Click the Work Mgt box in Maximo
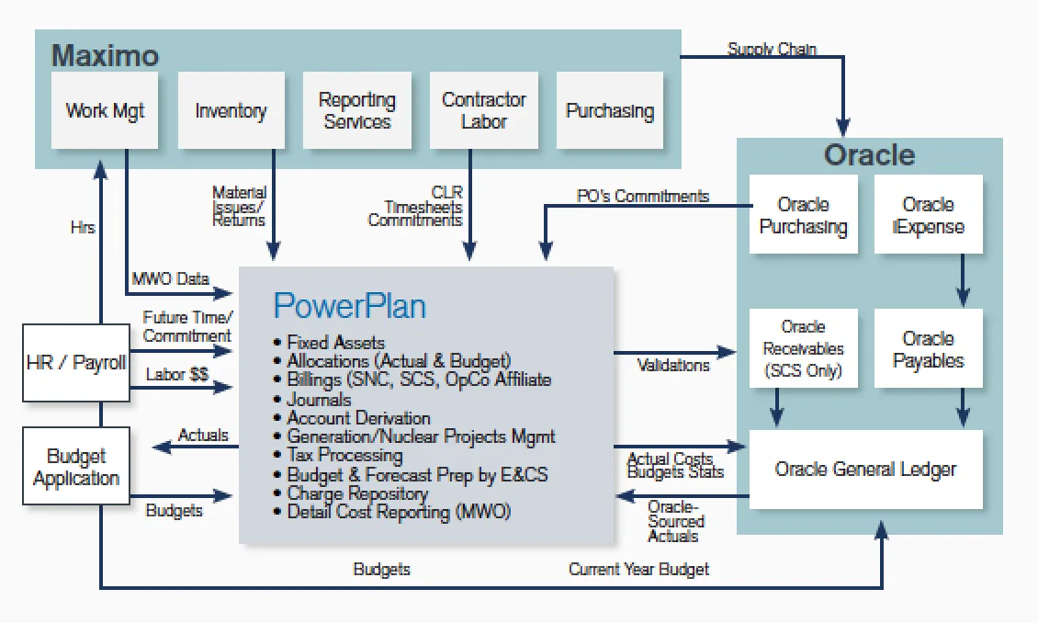point(106,110)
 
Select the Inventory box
point(231,110)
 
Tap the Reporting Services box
point(356,110)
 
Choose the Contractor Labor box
point(483,110)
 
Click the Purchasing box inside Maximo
point(610,110)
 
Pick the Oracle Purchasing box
point(803,215)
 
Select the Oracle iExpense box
point(928,215)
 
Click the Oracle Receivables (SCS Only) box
point(803,348)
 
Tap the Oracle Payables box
point(928,349)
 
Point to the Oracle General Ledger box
point(865,470)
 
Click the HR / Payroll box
point(76,362)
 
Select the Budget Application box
point(76,468)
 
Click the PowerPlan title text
point(349,305)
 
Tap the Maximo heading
point(105,55)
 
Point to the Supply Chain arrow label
point(772,49)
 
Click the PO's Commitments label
point(642,196)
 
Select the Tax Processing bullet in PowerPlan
point(344,455)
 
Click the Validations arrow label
point(673,366)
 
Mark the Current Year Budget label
point(638,569)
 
